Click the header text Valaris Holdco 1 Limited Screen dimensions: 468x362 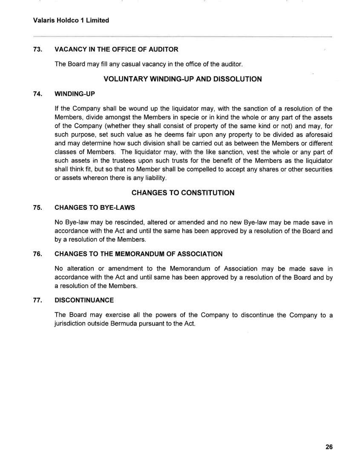click(71, 20)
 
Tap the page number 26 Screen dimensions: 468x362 click(328, 447)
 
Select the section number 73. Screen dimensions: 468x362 click(37, 49)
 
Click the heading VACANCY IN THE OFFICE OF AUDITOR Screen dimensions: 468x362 click(116, 49)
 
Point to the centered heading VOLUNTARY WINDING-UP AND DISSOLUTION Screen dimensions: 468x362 click(183, 79)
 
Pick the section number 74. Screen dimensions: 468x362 click(37, 94)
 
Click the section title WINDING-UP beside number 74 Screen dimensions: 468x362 click(75, 94)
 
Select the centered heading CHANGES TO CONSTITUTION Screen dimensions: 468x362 click(183, 193)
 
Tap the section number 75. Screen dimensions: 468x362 click(37, 208)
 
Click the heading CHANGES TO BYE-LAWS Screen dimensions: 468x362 click(95, 208)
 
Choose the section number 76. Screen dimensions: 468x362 click(37, 254)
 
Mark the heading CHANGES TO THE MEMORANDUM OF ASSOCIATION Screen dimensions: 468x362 click(138, 254)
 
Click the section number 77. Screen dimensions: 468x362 click(37, 300)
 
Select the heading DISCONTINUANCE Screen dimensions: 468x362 click(84, 300)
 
